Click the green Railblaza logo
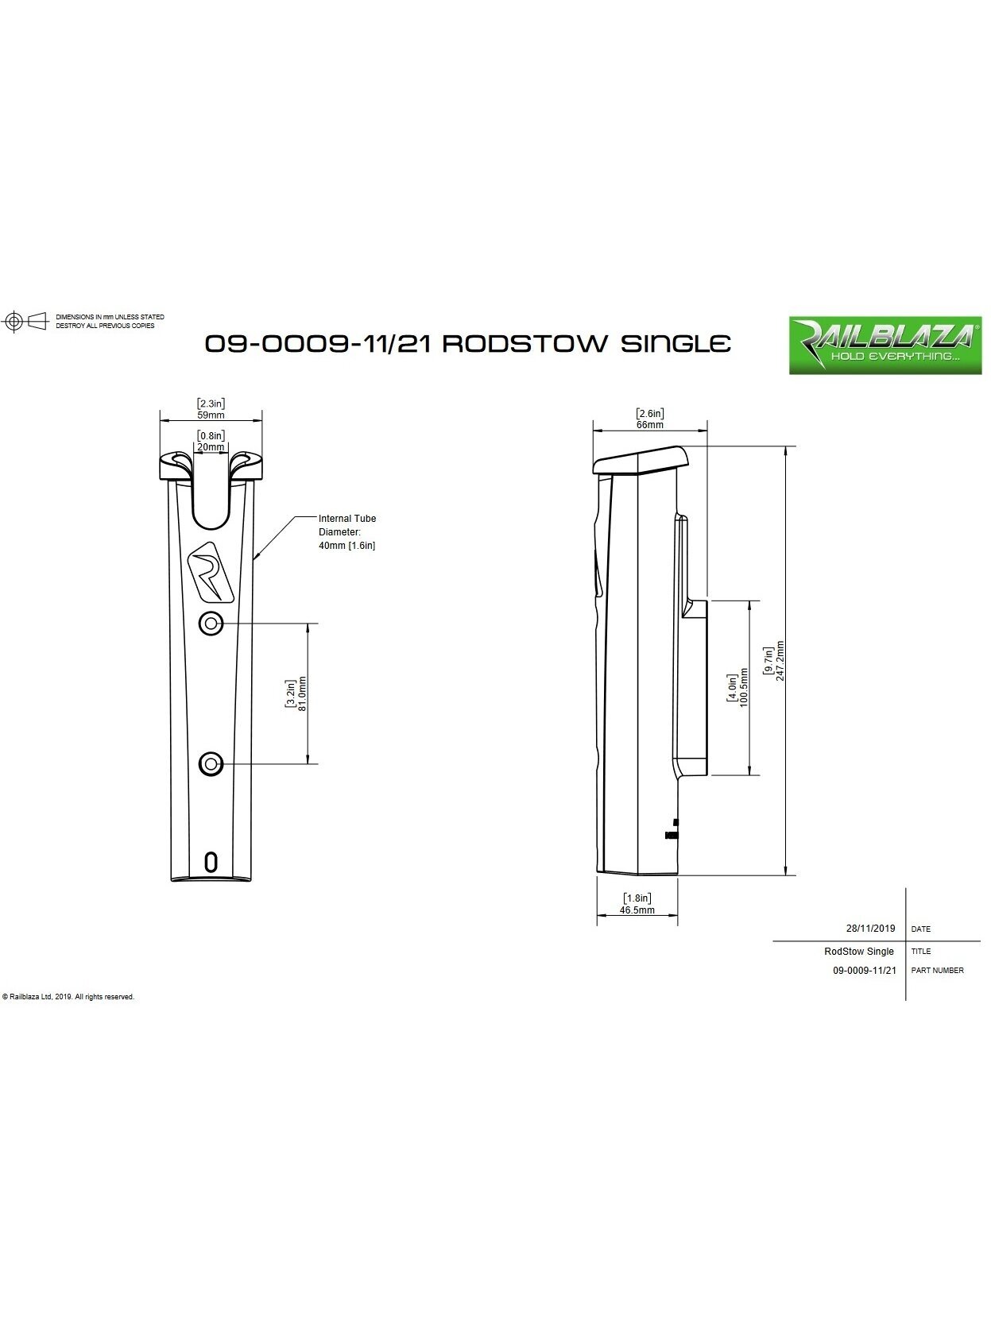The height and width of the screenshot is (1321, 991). coord(885,346)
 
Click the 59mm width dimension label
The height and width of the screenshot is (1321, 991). coord(211,415)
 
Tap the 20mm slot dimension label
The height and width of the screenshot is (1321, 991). coord(211,447)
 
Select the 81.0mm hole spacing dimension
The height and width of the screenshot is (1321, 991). coord(302,693)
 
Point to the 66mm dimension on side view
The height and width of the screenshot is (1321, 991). coord(649,425)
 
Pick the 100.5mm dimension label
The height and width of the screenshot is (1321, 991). coord(743,687)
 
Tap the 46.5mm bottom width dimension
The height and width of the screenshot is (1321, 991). coord(637,910)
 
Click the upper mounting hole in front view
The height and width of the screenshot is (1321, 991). coord(211,624)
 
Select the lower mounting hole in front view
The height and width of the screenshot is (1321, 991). coord(211,764)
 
